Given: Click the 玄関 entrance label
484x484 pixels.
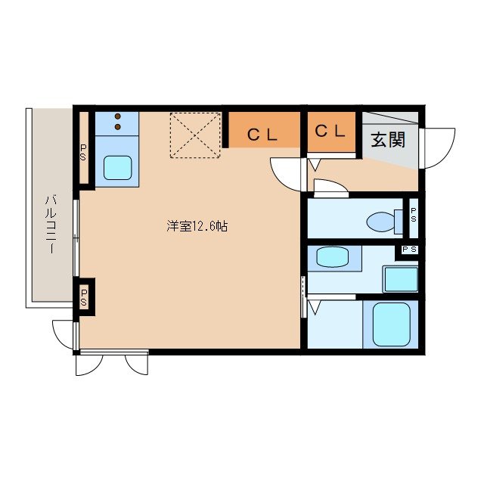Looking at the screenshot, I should pos(388,140).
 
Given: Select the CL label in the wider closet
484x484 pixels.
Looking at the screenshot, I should pos(264,135).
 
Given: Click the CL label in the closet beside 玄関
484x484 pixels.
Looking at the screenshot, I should pos(330,131).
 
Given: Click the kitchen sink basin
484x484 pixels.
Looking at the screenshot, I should pos(117,166).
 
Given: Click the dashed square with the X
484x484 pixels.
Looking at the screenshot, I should pos(195,136).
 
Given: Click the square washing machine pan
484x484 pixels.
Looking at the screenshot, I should pos(401,279).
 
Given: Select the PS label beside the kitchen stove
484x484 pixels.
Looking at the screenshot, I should pos(84,154).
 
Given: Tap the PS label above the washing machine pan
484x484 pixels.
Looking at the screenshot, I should pos(409,250).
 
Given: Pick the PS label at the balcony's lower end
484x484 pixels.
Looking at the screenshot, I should pos(84,296).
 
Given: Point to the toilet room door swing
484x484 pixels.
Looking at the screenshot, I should pos(329,188).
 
